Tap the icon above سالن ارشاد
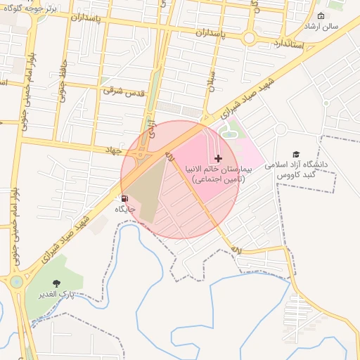(321, 15)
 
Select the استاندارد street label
(284, 44)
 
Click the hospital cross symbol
(218, 159)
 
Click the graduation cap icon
(296, 154)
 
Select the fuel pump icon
(124, 198)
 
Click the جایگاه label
(125, 209)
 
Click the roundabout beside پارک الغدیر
(15, 283)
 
